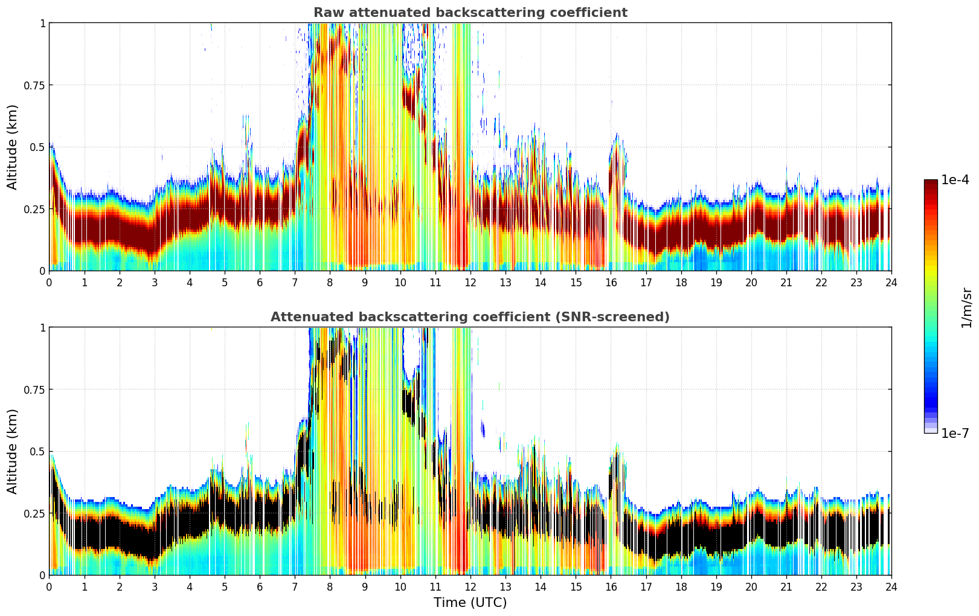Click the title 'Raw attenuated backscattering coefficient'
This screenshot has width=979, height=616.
[470, 13]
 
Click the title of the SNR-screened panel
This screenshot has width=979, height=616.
[470, 317]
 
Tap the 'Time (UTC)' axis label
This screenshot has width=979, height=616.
[470, 603]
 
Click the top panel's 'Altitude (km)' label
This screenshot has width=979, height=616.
[12, 147]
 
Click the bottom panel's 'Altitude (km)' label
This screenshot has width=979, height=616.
[12, 451]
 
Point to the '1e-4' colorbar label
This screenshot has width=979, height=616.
[955, 180]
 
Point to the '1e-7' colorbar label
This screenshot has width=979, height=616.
[955, 433]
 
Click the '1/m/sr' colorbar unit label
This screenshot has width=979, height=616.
[966, 307]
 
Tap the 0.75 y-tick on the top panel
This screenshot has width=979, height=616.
[35, 85]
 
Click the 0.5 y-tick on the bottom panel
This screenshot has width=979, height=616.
[38, 451]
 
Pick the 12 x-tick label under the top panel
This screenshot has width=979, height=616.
[470, 282]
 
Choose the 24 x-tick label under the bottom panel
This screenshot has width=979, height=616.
[891, 586]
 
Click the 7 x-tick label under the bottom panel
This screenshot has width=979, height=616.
[295, 586]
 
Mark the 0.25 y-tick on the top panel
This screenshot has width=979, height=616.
[35, 209]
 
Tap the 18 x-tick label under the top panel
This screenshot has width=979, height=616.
[681, 282]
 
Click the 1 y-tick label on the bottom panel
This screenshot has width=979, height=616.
[42, 327]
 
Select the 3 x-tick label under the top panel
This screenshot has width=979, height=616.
[155, 282]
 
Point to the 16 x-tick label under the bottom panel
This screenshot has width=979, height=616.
[611, 586]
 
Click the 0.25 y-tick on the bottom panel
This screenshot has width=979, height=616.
[35, 513]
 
